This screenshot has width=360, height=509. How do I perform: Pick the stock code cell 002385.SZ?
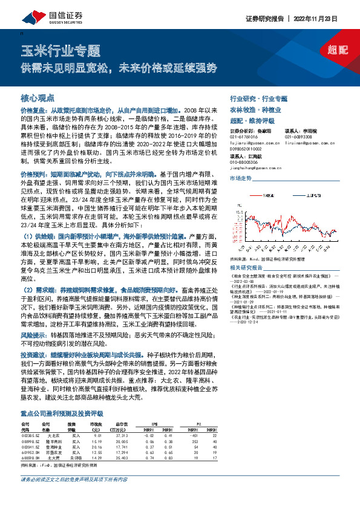tap(30, 435)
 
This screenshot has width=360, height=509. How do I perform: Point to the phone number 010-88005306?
tap(243, 163)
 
